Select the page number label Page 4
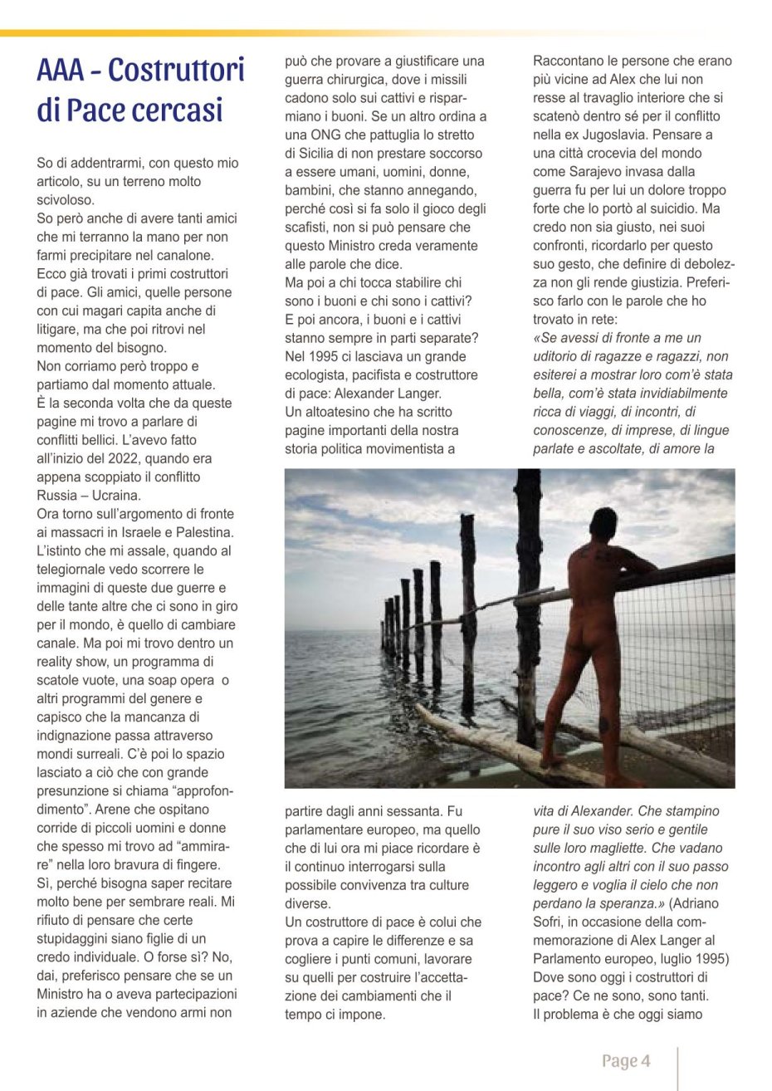coord(626,1061)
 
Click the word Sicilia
coord(323,154)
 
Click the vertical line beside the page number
coord(678,1068)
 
